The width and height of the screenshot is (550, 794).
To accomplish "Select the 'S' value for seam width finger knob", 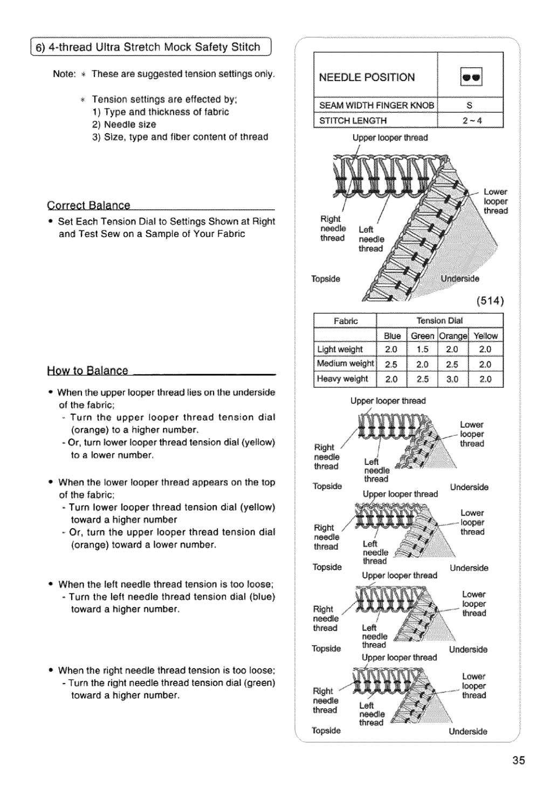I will coord(470,105).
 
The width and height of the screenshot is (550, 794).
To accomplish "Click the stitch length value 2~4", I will coord(470,120).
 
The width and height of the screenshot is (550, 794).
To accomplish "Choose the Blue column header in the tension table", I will coord(392,336).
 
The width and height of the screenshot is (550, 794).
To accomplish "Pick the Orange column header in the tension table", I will coord(454,336).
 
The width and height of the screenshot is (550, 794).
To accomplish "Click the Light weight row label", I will coord(340,350).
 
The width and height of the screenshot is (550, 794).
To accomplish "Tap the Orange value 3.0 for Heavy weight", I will coord(454,379).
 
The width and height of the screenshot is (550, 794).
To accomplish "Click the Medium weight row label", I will coord(345,364).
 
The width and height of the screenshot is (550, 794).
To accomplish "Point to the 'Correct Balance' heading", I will coord(89,206).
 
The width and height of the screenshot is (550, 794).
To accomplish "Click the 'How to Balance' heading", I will coord(88,371).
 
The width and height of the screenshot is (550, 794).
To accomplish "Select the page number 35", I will coord(519,761).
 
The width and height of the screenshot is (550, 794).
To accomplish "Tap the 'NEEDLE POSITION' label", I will coord(367,77).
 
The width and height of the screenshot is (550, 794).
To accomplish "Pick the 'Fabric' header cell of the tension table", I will coord(345,321).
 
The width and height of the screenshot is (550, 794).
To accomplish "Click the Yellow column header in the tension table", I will coord(486,336).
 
